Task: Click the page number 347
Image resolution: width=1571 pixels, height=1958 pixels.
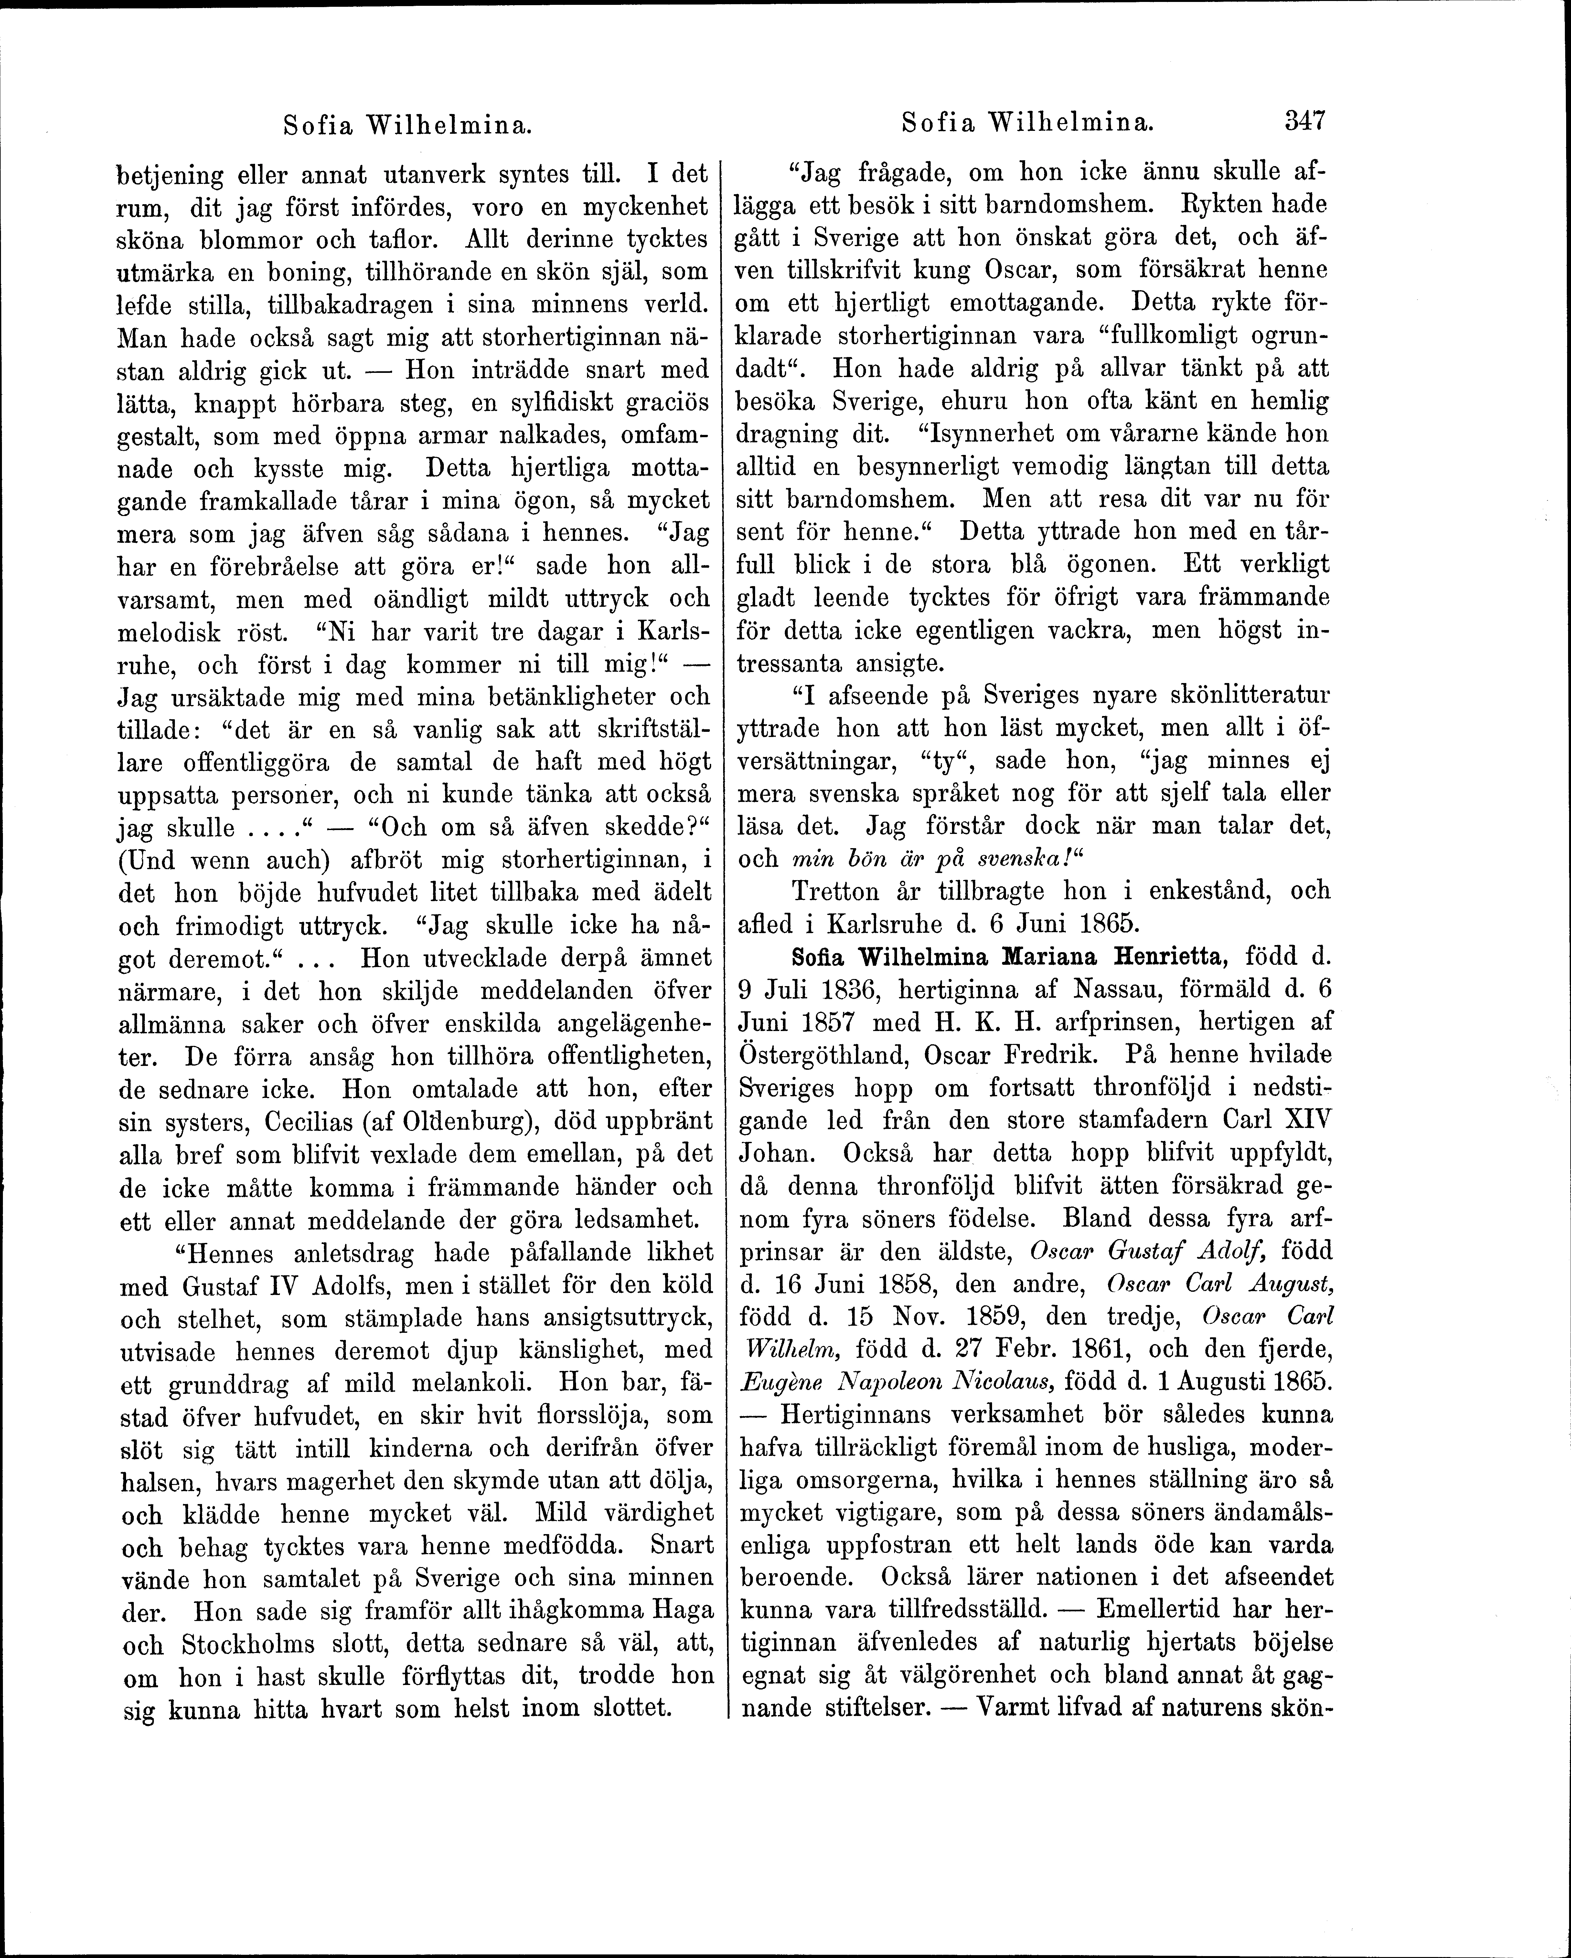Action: pos(1306,121)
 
